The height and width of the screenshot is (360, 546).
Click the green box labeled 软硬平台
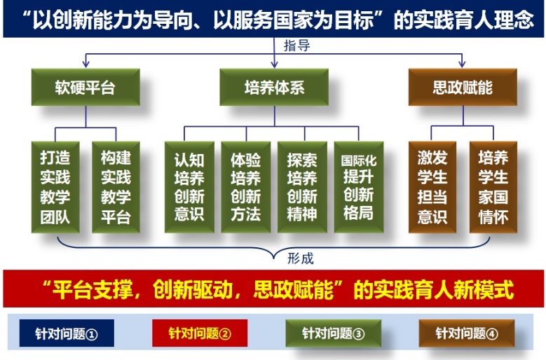click(86, 87)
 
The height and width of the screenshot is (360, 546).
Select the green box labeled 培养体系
click(274, 87)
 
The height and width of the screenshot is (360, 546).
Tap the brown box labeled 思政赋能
click(463, 87)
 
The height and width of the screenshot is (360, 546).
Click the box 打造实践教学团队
click(55, 187)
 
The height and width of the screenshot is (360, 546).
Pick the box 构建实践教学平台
click(116, 187)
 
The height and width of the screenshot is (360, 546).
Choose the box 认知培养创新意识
click(189, 187)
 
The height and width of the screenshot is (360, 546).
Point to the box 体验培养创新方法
click(246, 187)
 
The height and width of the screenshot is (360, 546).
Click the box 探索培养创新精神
click(302, 187)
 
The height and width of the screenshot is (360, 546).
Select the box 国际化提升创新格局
click(359, 187)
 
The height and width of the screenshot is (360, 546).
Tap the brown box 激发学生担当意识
click(432, 187)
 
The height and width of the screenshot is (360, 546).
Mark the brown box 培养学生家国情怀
click(493, 187)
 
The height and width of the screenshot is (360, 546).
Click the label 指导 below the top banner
click(296, 46)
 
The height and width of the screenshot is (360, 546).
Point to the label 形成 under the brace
click(301, 258)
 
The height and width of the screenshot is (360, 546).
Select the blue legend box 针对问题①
click(67, 333)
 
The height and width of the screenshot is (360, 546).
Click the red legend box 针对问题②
click(200, 333)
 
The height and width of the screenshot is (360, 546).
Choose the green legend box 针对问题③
click(333, 333)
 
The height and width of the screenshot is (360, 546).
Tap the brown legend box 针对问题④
click(467, 333)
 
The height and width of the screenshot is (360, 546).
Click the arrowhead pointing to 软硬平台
click(86, 64)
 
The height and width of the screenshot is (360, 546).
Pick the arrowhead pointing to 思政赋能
click(462, 64)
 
